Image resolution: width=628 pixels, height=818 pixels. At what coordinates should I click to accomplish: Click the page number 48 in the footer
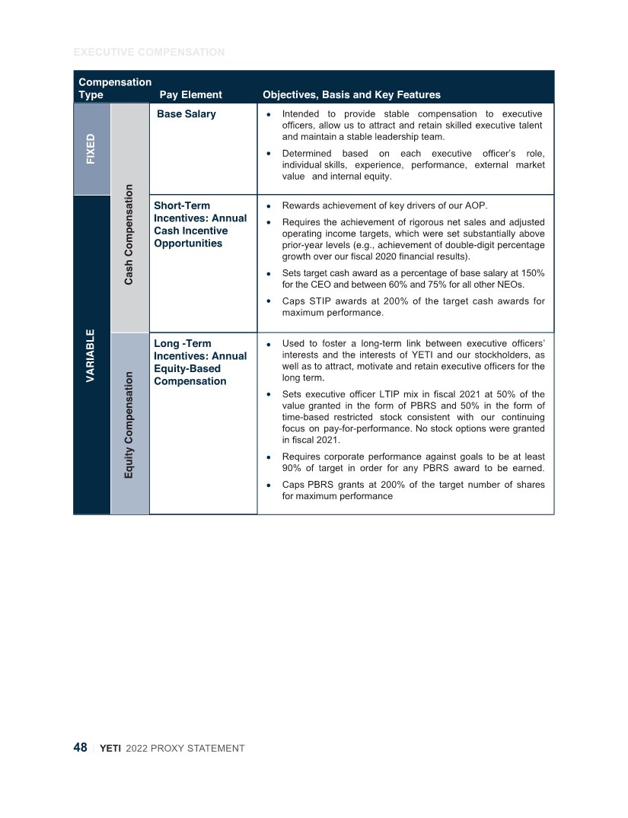80,747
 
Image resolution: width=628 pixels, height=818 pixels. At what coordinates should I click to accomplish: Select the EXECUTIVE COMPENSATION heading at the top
148,53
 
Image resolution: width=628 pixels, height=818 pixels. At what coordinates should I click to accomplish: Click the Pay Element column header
190,95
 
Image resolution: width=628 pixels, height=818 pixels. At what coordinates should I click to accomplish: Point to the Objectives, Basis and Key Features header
351,95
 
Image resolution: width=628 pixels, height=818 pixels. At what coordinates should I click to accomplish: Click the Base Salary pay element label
186,114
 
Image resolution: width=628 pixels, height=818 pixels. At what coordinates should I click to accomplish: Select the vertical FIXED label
91,149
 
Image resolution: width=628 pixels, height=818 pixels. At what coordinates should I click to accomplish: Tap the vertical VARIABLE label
91,355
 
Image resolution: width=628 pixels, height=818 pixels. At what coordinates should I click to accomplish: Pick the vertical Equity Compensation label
129,425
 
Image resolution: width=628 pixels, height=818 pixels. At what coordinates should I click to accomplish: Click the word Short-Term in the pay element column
182,205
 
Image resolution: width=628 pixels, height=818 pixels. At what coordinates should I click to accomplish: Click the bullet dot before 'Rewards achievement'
269,206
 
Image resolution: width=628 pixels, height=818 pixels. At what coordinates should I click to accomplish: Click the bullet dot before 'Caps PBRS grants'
269,485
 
